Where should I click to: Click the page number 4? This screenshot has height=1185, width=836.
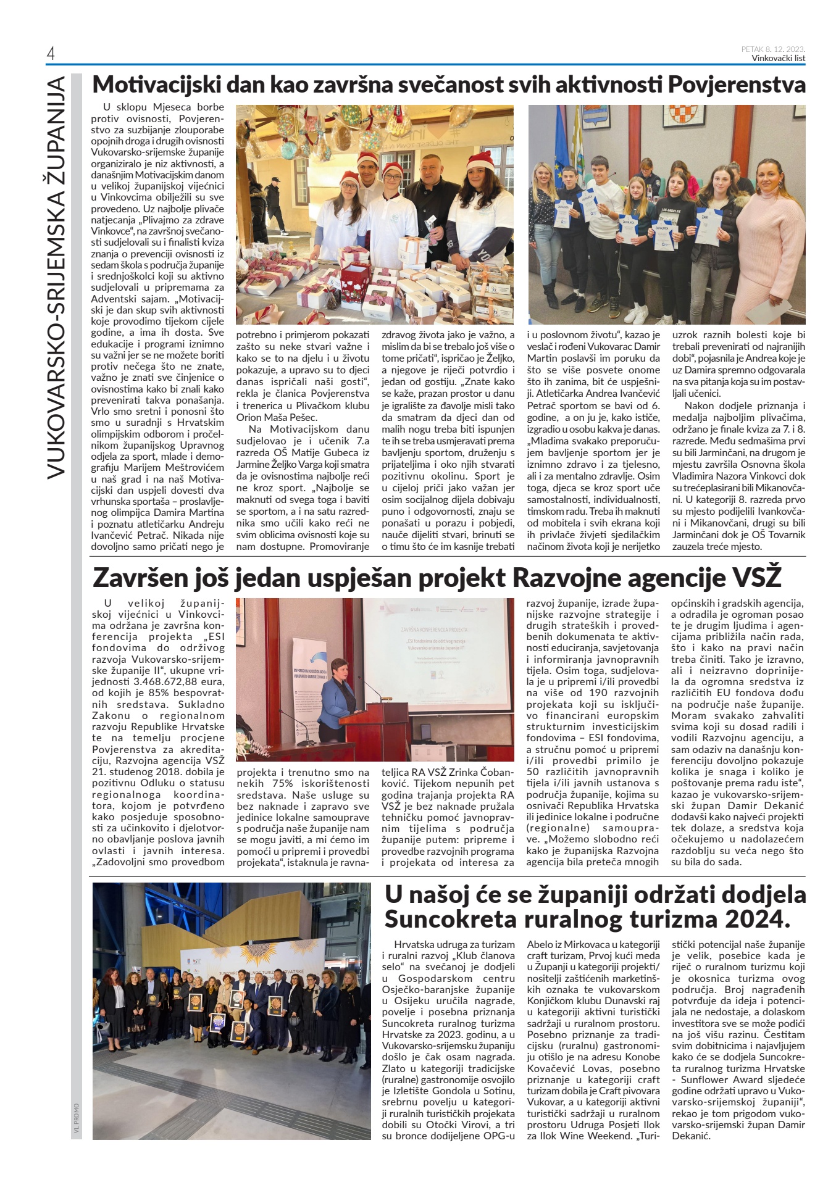(51, 54)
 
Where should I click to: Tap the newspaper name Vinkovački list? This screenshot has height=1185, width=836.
(778, 59)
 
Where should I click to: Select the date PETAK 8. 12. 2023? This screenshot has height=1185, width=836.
(774, 49)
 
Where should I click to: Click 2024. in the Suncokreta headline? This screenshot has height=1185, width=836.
(758, 920)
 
